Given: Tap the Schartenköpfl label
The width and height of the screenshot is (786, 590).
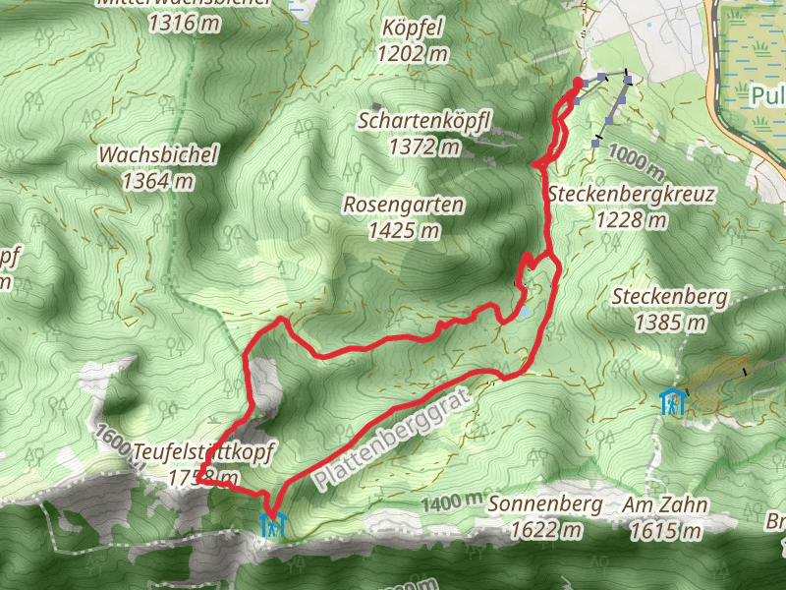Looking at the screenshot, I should click(424, 121).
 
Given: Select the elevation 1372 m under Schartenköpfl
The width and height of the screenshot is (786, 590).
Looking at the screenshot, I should click(424, 147).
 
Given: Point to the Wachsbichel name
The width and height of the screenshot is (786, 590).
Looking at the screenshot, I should click(158, 155).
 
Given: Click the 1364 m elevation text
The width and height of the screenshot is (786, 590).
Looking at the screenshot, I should click(158, 181).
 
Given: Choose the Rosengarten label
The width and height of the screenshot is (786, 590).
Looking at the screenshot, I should click(403, 206).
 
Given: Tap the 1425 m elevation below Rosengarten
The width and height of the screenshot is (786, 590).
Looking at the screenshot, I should click(403, 231).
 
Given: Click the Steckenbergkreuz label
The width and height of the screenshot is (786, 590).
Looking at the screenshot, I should click(632, 194).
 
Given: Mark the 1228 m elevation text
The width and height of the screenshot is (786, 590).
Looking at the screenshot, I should click(632, 219).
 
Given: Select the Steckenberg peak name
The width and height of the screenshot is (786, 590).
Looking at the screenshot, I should click(670, 296).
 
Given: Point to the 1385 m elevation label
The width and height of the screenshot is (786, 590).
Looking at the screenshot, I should click(670, 322).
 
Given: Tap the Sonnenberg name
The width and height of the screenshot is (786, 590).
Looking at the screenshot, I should click(544, 504).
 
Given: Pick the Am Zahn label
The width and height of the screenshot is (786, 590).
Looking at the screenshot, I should click(665, 504).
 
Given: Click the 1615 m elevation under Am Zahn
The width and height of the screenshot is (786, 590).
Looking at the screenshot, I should click(665, 531).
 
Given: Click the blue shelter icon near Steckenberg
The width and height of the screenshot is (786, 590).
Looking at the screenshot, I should click(672, 402).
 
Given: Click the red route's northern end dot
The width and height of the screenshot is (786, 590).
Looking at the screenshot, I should click(577, 83).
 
